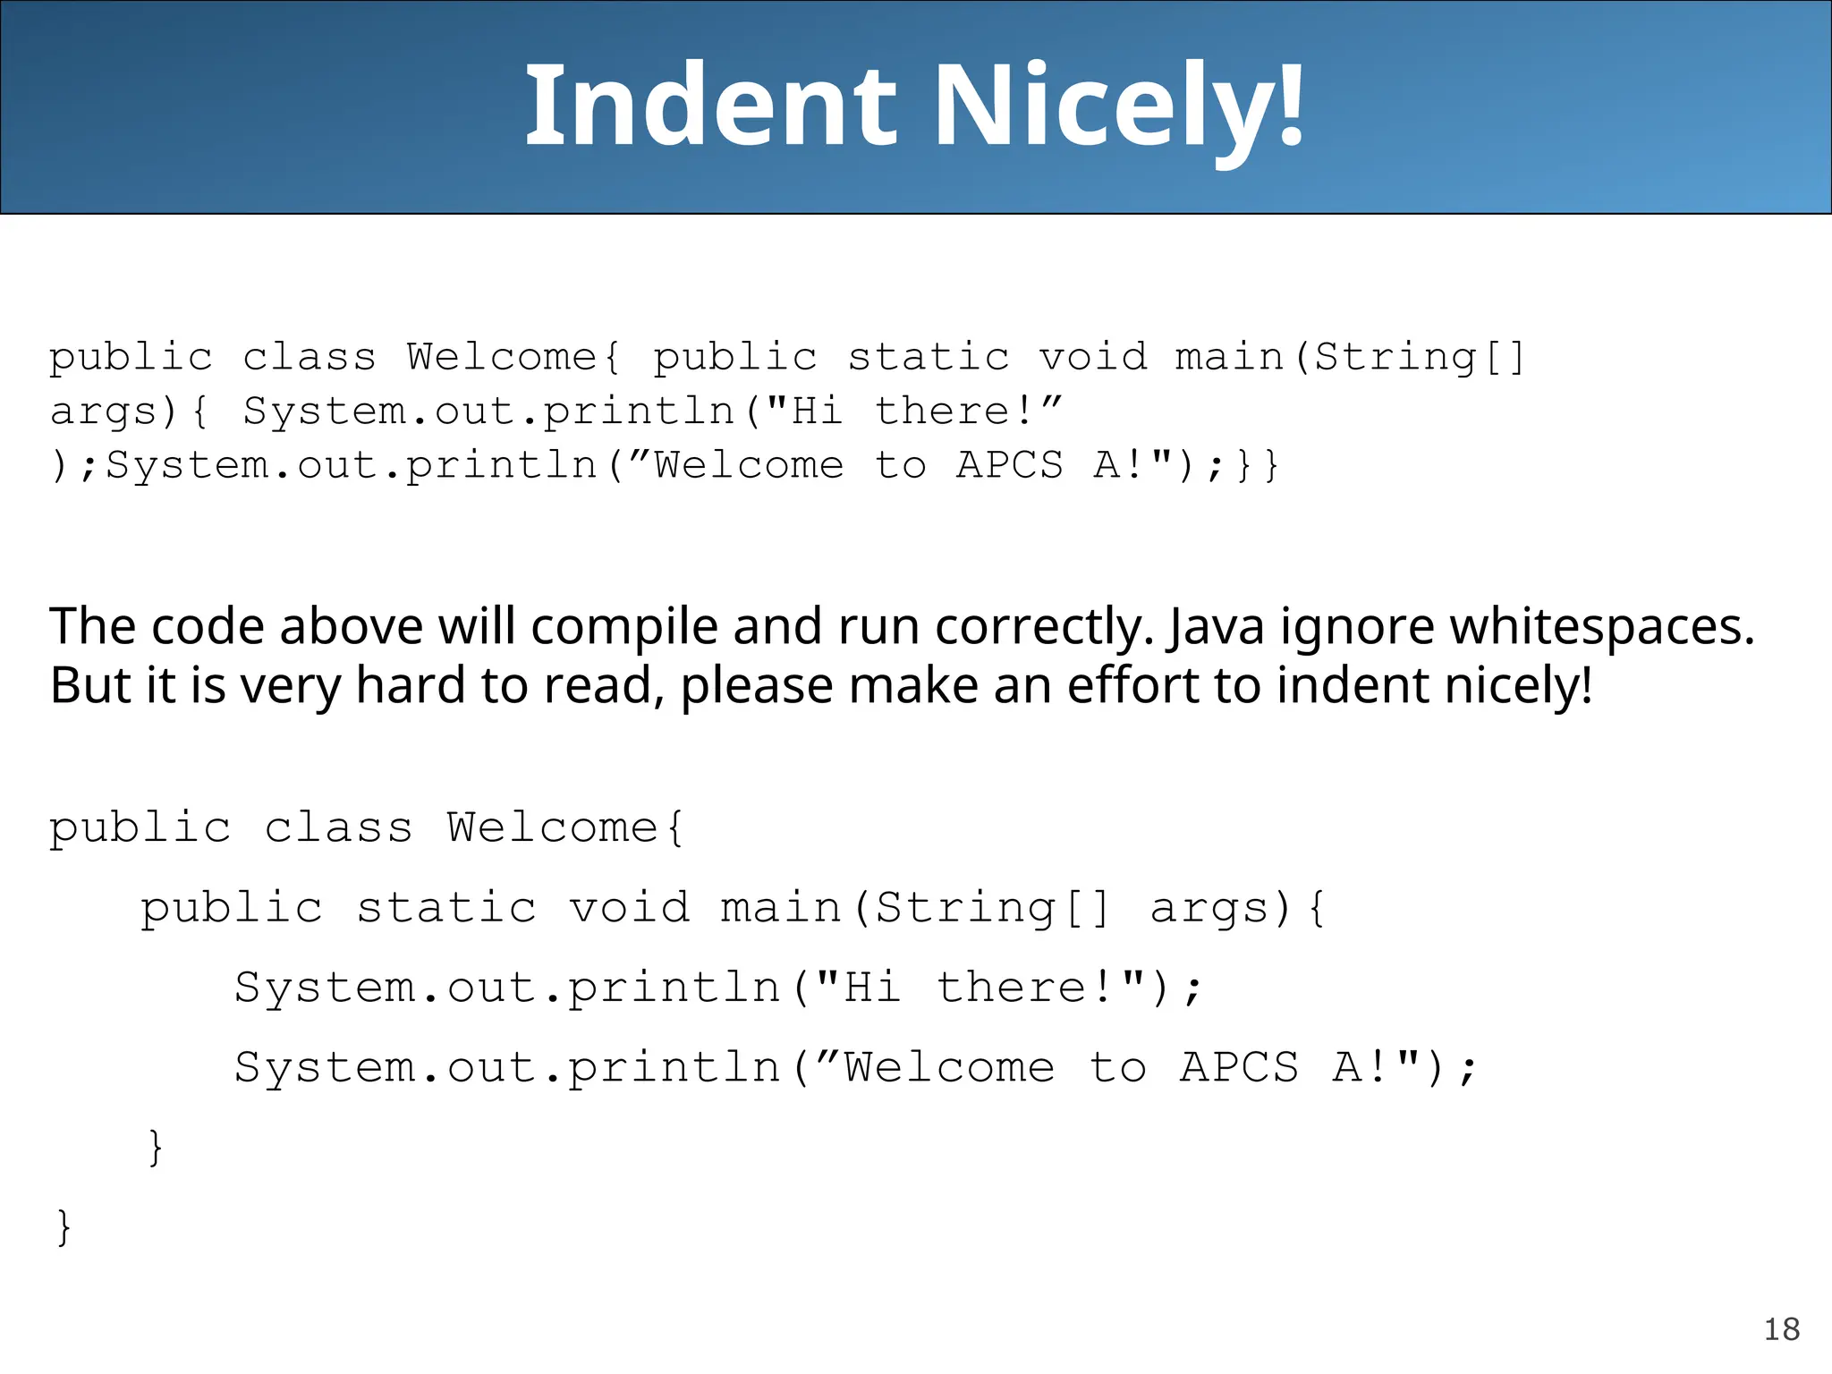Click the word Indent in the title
[711, 106]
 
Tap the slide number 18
[1781, 1329]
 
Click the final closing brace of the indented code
[63, 1226]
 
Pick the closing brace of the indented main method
[156, 1147]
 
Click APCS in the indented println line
[1239, 1067]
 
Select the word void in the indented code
[630, 908]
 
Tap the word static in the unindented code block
[929, 358]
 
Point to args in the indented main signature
[1219, 908]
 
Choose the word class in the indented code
[338, 827]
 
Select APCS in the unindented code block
[1010, 465]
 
